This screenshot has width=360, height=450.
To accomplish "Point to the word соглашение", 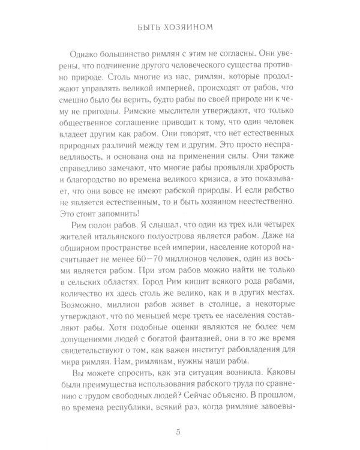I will (116, 127).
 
